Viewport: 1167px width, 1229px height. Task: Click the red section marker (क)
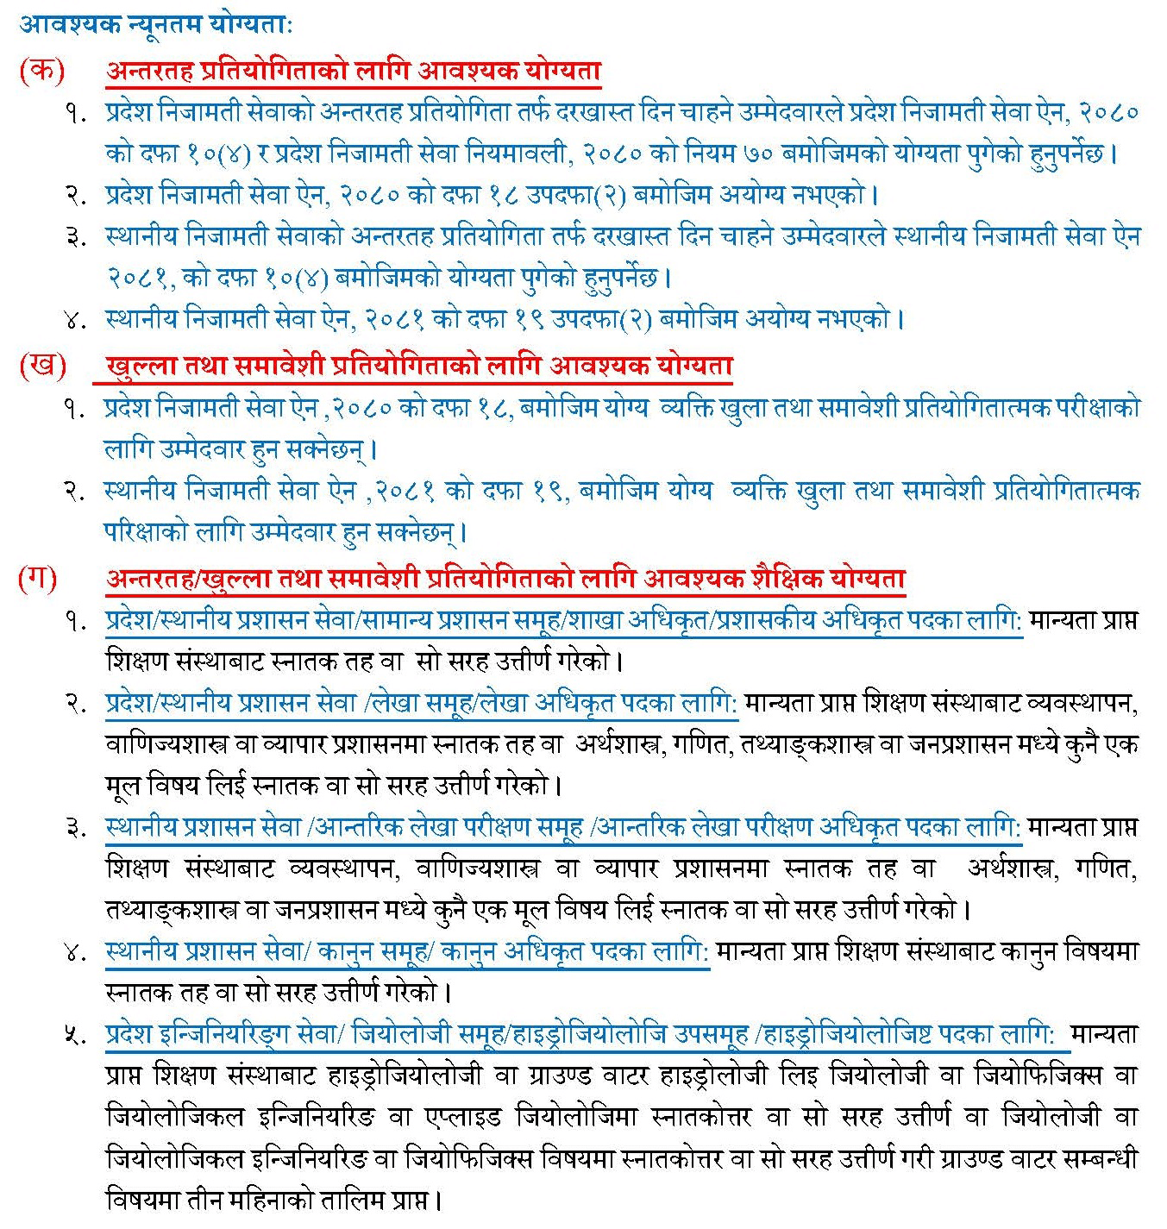[x=41, y=71]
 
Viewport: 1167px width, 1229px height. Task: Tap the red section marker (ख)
[x=41, y=366]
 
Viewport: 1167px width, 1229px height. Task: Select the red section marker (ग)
[x=38, y=578]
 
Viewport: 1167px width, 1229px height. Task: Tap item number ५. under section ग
[x=76, y=1035]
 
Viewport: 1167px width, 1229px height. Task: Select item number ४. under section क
[x=76, y=320]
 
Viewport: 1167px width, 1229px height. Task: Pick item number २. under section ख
[x=76, y=491]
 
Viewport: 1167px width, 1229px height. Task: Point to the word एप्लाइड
[x=463, y=1117]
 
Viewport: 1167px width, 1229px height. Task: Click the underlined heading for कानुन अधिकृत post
[x=406, y=952]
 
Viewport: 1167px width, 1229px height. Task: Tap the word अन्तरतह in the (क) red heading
[x=151, y=71]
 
